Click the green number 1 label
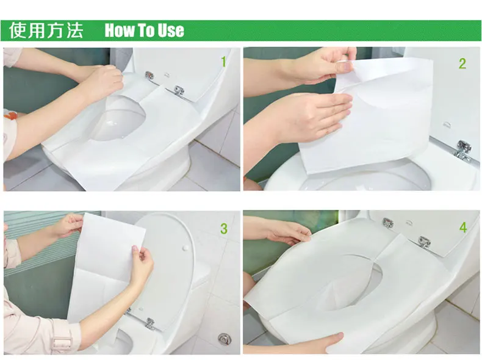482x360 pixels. tap(223, 62)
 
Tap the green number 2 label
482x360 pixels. tap(462, 63)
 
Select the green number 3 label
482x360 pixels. tap(224, 228)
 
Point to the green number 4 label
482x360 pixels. tap(463, 228)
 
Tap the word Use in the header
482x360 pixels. tap(171, 31)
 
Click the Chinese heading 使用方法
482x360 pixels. tap(46, 30)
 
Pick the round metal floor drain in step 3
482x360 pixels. tap(224, 339)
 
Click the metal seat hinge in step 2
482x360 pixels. tap(463, 149)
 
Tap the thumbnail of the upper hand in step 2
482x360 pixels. tap(347, 66)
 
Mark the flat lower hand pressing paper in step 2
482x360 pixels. tap(314, 115)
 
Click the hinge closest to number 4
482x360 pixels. tap(424, 242)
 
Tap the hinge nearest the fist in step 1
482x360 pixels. tap(149, 75)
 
